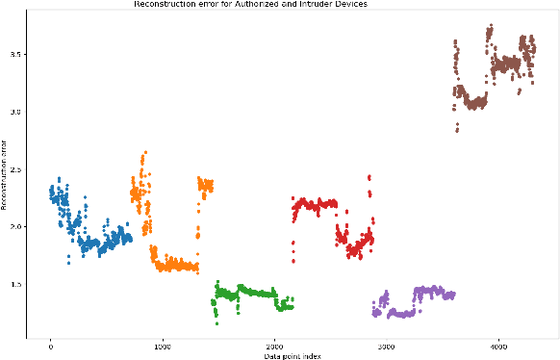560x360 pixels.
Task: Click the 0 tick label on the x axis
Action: [x=50, y=347]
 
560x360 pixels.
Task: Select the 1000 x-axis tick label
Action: [x=162, y=347]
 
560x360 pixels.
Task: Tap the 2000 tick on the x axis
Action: [x=274, y=347]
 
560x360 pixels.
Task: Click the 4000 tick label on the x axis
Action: [x=498, y=347]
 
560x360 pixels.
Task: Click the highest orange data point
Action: [x=144, y=152]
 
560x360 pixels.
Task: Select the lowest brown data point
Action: [x=457, y=130]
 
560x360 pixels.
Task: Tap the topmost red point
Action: [x=369, y=176]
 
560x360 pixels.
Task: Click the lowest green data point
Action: [x=216, y=324]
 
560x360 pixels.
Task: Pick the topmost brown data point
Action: [x=491, y=25]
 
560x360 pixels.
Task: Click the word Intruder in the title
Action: [x=324, y=4]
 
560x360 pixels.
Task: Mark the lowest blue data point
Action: [x=68, y=264]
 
